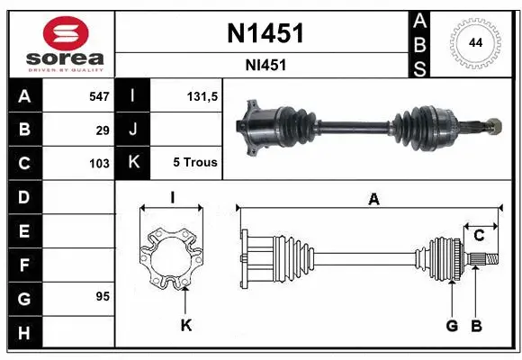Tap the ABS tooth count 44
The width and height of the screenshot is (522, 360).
[474, 42]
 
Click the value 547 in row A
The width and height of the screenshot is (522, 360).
[98, 94]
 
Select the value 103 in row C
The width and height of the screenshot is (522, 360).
[98, 163]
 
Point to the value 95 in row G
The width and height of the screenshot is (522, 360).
[103, 296]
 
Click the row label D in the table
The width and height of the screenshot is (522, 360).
[24, 196]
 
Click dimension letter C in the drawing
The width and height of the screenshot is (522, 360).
[480, 235]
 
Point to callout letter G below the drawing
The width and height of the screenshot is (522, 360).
[453, 325]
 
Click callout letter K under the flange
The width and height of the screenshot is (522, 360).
[185, 325]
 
